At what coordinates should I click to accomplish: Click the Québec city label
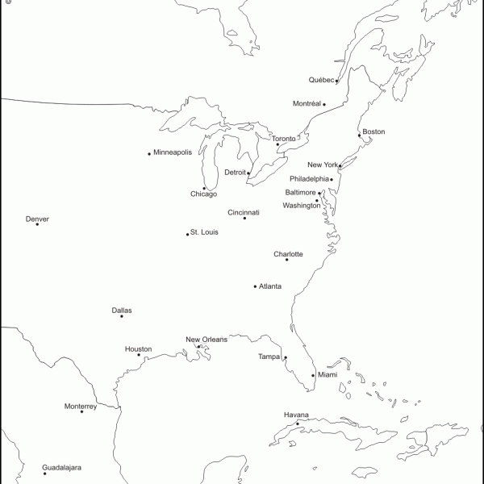321,80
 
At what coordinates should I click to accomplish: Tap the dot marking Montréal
324,104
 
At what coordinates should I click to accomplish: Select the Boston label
373,131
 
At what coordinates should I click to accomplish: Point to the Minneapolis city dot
149,153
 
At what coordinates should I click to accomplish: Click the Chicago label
203,194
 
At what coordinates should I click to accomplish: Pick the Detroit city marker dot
248,173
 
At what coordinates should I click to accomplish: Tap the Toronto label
283,139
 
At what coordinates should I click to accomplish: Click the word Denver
37,219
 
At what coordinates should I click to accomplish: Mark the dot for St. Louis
188,234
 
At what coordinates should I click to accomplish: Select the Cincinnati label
244,213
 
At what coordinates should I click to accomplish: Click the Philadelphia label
310,179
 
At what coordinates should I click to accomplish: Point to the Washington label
301,206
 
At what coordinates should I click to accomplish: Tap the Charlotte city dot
286,260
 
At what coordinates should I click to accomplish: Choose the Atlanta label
270,286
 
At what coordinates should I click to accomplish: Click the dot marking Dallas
122,316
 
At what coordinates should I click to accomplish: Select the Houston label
138,349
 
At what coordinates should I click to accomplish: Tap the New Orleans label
207,340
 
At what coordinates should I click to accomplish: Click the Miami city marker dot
313,375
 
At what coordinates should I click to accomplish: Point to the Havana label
296,415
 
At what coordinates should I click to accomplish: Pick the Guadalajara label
62,467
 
